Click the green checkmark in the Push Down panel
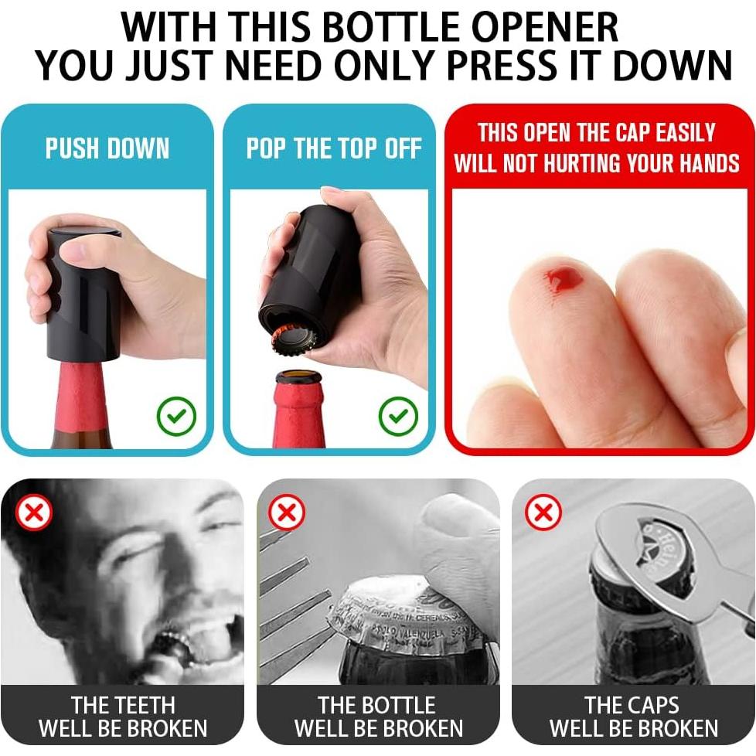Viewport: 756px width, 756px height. pos(176,417)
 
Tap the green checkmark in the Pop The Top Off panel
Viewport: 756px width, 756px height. pos(398,417)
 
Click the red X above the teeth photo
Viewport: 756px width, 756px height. pos(34,513)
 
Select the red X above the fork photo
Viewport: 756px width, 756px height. pos(287,513)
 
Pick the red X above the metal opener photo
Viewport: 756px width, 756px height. pos(543,513)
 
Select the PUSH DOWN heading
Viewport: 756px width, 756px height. pos(107,148)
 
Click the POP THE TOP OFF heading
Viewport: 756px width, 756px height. pos(334,148)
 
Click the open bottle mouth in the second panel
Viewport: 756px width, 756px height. pos(298,378)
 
